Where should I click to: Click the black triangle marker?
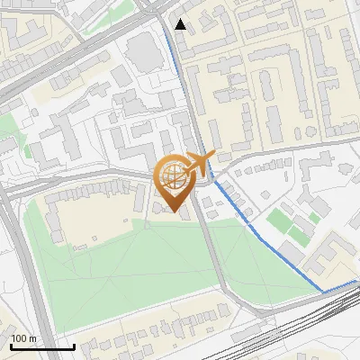[181, 24]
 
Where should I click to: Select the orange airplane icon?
[199, 163]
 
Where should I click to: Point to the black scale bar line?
[42, 346]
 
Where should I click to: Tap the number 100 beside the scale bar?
[20, 337]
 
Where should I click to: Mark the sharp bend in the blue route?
[323, 292]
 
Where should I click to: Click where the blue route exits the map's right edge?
[358, 281]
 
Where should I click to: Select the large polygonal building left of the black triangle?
[143, 53]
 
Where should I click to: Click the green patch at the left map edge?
[7, 144]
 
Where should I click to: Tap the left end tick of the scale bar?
[11, 346]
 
